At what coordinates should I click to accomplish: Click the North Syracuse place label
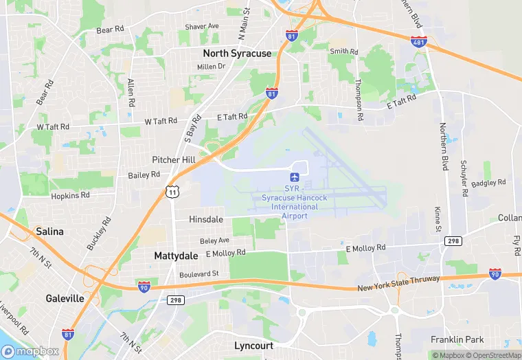[237, 53]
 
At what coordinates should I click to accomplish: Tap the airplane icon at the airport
[295, 177]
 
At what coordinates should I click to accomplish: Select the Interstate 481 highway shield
[419, 42]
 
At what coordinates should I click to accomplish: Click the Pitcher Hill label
[174, 159]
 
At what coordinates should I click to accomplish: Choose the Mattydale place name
[175, 256]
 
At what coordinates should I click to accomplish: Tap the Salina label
[49, 232]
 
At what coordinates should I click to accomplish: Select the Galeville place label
[65, 298]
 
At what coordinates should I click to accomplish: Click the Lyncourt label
[254, 345]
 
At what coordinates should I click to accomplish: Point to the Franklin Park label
[457, 339]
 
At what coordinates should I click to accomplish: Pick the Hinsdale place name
[206, 219]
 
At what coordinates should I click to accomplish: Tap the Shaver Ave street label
[202, 27]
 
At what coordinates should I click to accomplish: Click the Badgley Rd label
[489, 183]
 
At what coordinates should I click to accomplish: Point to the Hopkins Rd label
[70, 196]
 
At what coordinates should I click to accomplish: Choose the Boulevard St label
[199, 273]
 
